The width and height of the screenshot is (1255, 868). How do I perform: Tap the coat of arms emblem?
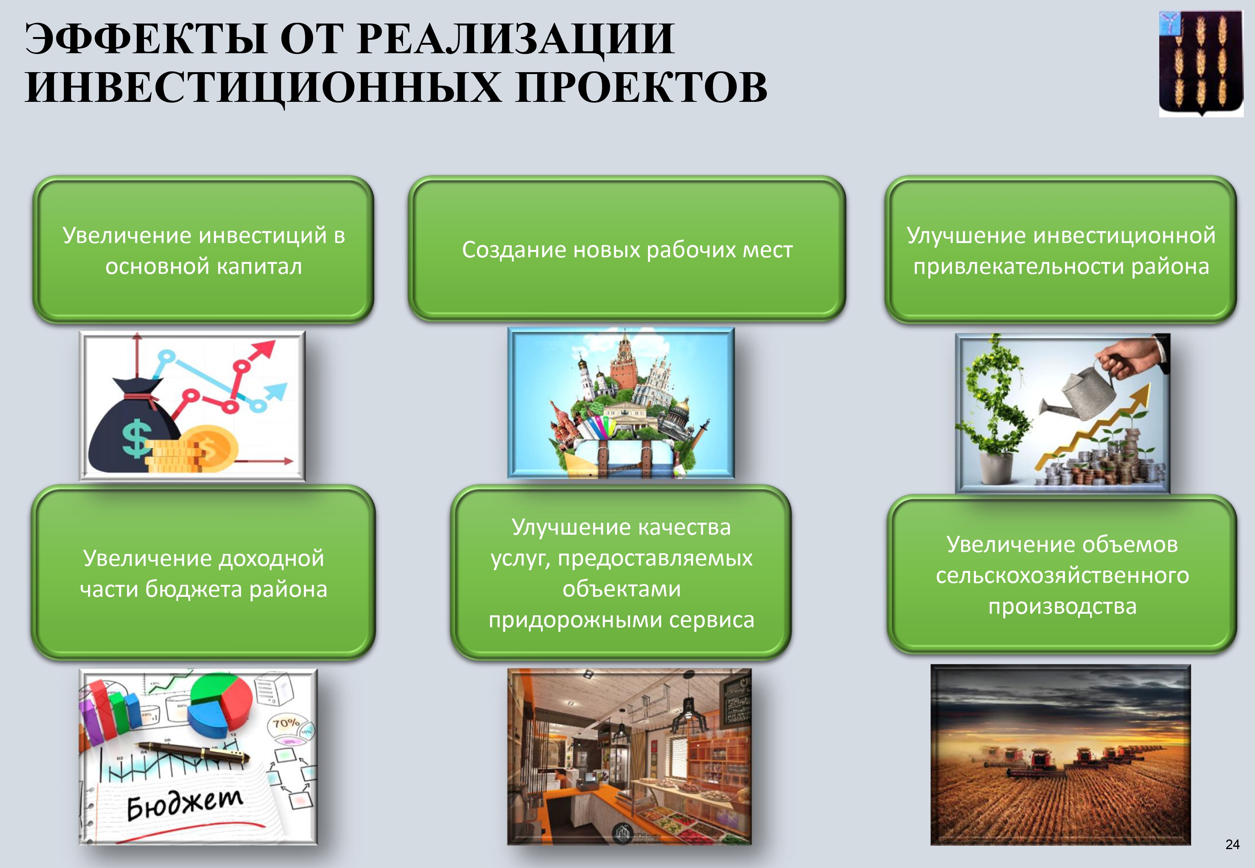1201,64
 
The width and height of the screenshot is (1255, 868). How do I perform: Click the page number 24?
1232,844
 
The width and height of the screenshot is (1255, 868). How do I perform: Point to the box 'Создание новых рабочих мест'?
626,249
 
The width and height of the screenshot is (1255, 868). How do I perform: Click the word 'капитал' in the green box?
259,267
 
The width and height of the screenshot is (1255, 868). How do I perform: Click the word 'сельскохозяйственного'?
1062,576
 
